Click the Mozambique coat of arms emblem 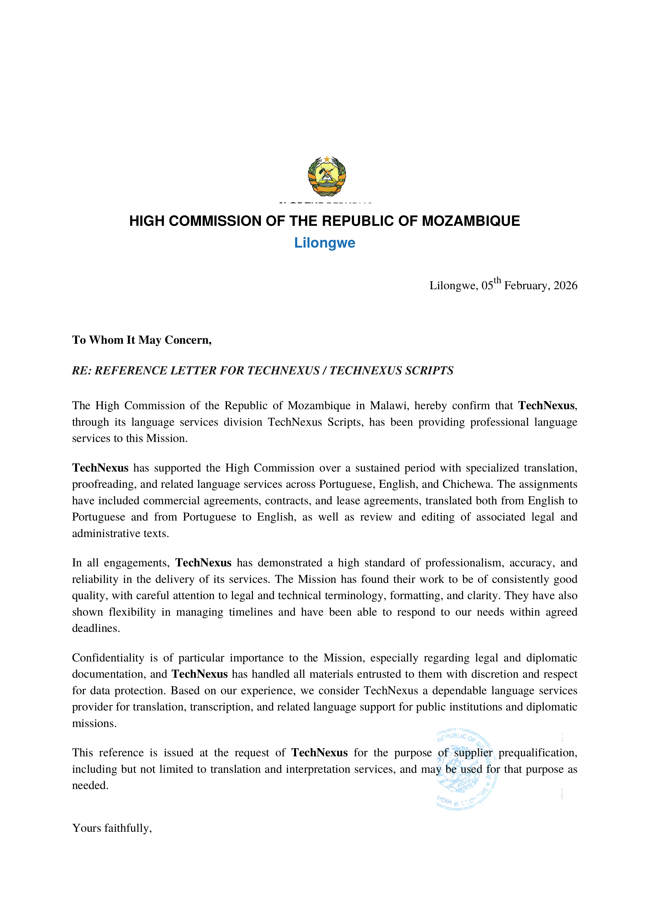tap(327, 176)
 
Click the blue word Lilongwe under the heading tap(325, 243)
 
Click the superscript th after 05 tap(497, 281)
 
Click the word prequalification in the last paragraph tap(538, 753)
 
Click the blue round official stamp tap(467, 770)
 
